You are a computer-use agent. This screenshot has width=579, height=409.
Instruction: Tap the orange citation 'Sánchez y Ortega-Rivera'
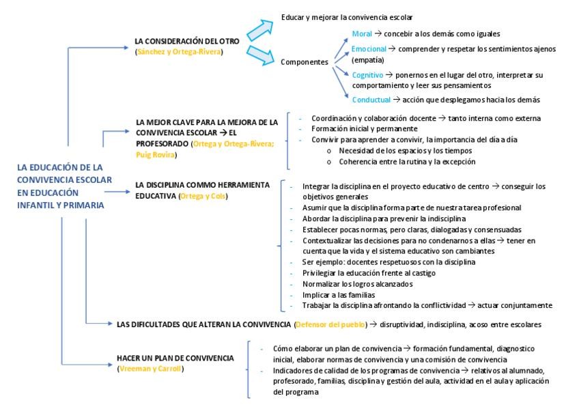180,51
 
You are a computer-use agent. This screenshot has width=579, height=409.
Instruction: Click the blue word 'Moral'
362,33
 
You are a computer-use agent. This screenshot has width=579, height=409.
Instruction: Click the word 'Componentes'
305,62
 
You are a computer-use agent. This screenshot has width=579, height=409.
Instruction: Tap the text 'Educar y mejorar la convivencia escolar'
347,16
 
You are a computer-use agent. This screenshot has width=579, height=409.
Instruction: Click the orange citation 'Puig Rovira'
155,155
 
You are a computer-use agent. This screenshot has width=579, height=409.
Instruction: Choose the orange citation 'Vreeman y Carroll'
150,369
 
